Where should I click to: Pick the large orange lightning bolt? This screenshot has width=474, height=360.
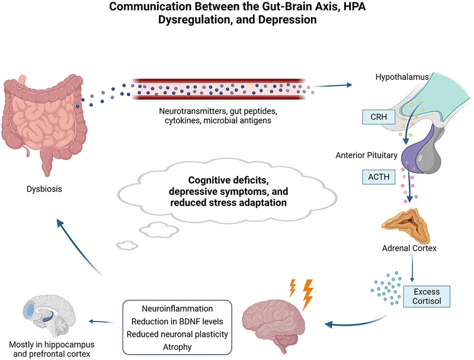pos(308,294)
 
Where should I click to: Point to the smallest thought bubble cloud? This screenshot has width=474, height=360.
pos(126,243)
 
